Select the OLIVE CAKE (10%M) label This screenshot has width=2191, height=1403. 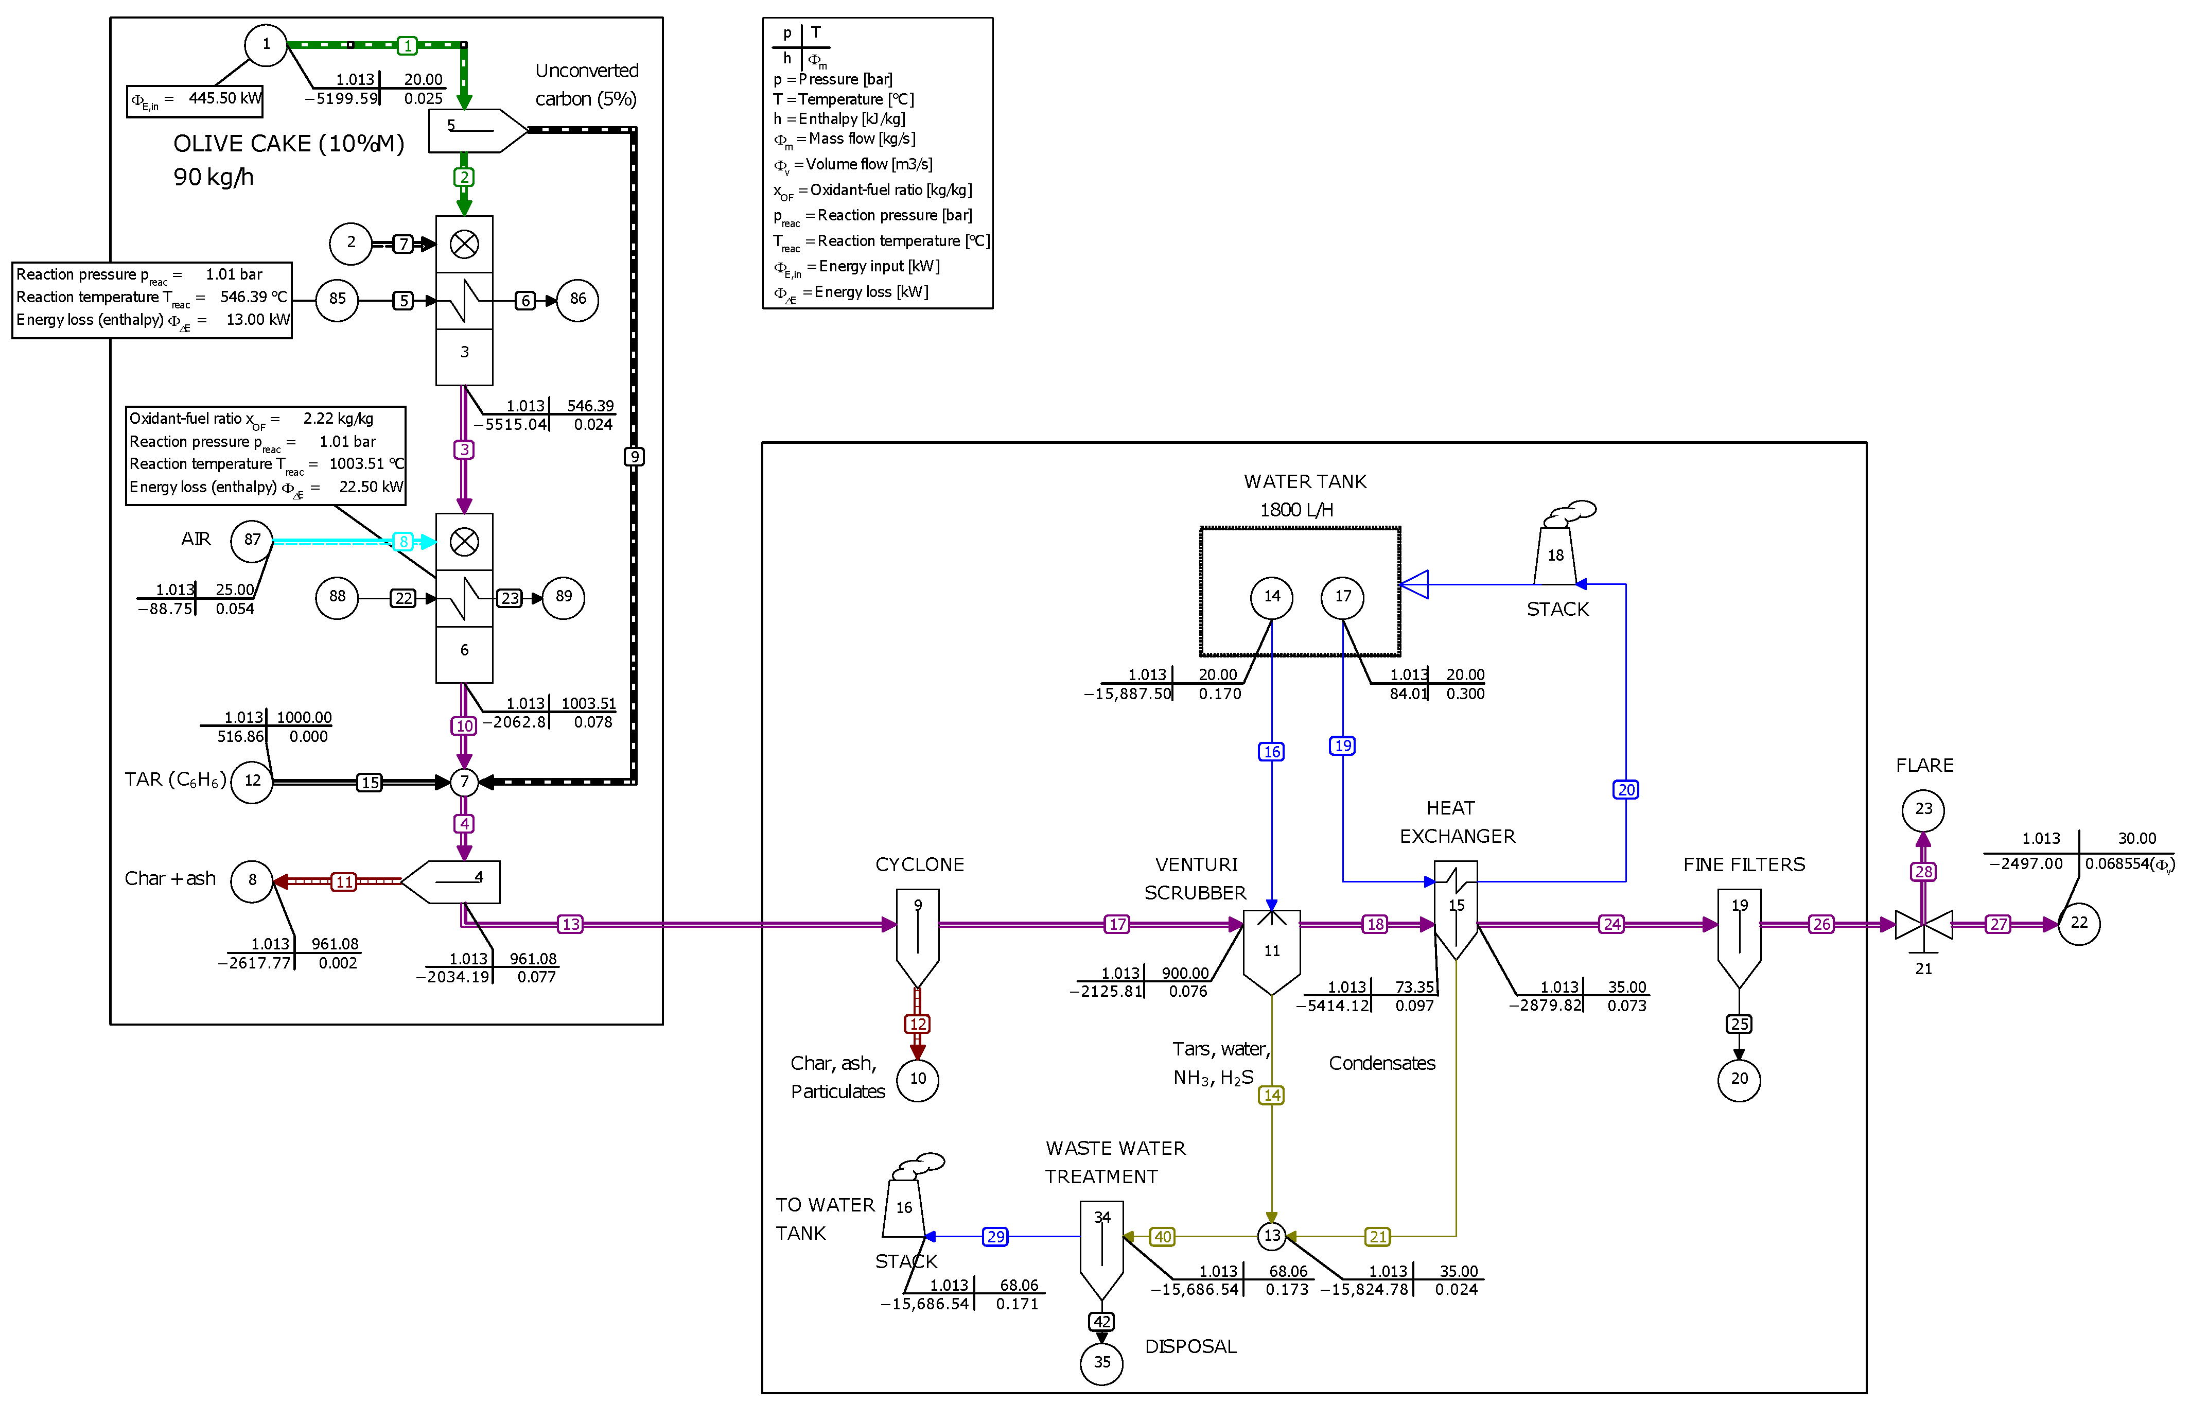click(x=288, y=144)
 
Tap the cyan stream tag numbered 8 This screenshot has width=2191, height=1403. click(x=404, y=542)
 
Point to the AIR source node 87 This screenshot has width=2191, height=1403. click(x=252, y=540)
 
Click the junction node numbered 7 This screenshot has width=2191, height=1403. click(x=464, y=782)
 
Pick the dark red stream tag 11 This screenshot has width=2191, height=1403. click(x=343, y=882)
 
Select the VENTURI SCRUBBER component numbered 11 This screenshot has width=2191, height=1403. click(x=1271, y=950)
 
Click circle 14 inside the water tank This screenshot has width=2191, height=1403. click(x=1271, y=597)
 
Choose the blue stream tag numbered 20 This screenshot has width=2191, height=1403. click(x=1625, y=790)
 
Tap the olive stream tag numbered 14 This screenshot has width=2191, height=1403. click(x=1271, y=1095)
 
